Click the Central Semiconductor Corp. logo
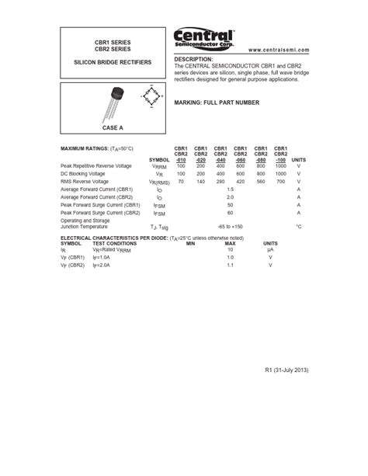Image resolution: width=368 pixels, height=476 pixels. pos(203,38)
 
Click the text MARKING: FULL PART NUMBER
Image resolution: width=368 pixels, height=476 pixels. pos(216,102)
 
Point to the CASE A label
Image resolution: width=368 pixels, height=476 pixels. pos(113,127)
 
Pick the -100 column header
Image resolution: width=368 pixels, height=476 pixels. pos(280,159)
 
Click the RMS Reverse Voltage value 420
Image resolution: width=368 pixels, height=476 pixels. pos(241,181)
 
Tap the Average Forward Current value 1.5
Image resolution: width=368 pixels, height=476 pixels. pos(230,189)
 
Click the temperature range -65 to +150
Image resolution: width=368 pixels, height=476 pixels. pos(230,225)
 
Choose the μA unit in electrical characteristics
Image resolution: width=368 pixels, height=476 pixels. pos(270,249)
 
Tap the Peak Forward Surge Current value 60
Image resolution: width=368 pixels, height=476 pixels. pos(230,212)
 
